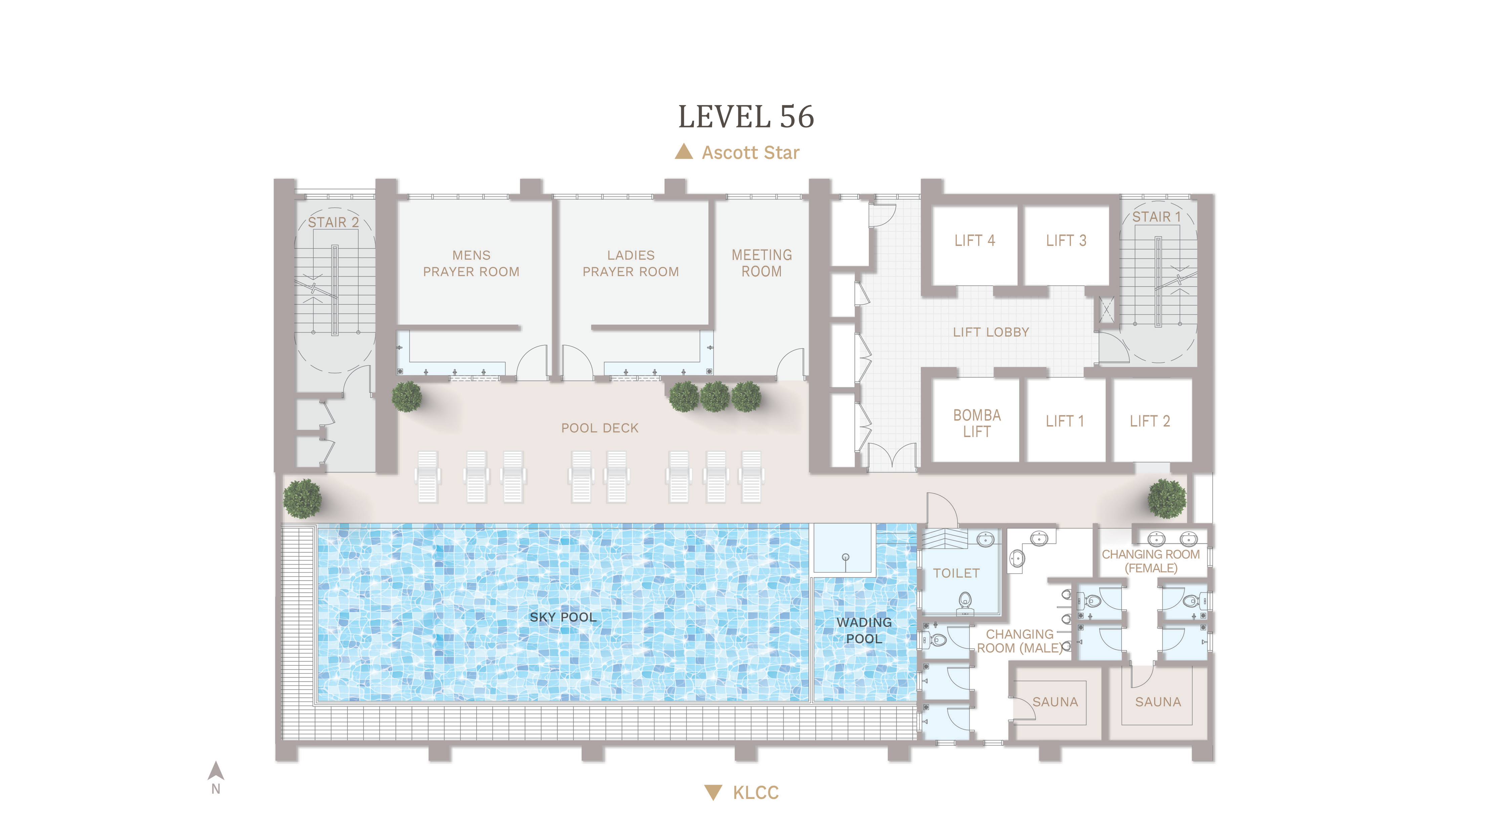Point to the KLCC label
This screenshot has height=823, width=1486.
click(x=756, y=793)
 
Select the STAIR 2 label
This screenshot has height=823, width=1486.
click(x=333, y=222)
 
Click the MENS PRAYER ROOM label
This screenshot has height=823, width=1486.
click(x=471, y=263)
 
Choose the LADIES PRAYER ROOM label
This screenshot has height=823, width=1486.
click(x=630, y=263)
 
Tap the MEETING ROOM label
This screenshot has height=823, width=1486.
click(x=761, y=263)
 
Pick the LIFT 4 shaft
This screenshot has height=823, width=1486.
click(x=975, y=245)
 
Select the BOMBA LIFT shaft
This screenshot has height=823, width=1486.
click(x=976, y=420)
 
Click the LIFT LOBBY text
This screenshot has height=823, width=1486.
click(x=991, y=332)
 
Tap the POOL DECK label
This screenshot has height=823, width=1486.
click(x=600, y=428)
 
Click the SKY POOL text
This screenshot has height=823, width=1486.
click(x=563, y=617)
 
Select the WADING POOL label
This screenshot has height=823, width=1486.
click(x=864, y=630)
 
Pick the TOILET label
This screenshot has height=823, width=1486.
click(x=956, y=573)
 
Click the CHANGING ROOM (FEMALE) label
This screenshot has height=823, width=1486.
click(x=1151, y=561)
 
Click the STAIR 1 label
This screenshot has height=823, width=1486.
click(x=1157, y=217)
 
